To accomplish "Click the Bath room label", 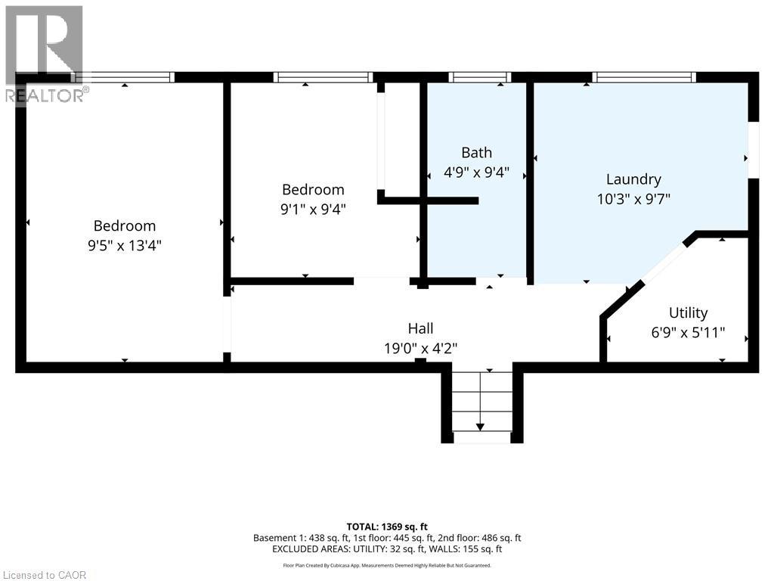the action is pos(476,153).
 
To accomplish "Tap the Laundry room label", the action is pos(633,180).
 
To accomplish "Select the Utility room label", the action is pos(688,313).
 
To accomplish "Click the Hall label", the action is pos(420,328).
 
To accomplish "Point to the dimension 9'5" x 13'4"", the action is pos(125,245).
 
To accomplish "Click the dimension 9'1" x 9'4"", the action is pos(313,209).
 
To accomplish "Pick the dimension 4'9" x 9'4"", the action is pos(476,172).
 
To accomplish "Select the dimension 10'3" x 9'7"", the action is pos(633,199).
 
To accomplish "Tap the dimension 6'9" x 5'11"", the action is pos(688,333).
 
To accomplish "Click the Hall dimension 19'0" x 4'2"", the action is pos(420,348).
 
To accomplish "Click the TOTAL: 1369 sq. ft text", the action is pos(387,527).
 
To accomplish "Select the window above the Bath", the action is pos(479,77).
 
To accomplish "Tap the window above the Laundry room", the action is pos(644,77).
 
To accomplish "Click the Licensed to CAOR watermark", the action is pos(45,575).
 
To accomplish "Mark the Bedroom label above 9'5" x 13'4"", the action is pos(125,225).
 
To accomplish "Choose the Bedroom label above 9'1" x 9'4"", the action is pos(313,190).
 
